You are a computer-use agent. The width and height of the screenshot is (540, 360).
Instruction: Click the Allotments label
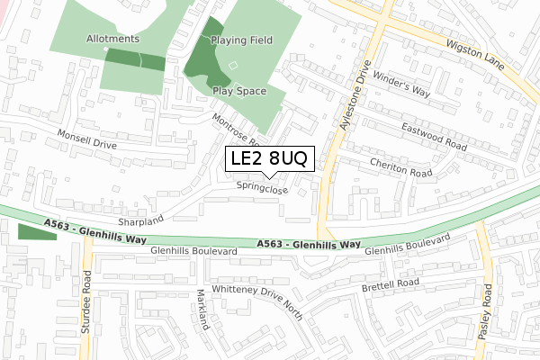click(113, 39)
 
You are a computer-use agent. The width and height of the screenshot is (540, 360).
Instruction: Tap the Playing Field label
click(242, 41)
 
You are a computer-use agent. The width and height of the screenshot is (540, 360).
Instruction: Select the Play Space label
click(238, 91)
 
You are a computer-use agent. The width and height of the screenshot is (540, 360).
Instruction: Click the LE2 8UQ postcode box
click(269, 158)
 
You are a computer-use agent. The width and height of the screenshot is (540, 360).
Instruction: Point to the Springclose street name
click(262, 189)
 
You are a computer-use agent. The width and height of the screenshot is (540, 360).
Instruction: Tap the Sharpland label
click(139, 219)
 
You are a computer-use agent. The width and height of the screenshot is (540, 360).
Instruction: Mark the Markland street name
click(204, 311)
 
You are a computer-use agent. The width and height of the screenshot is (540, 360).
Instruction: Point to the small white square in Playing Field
click(234, 65)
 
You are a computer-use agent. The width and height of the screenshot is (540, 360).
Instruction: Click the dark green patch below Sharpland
click(35, 232)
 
